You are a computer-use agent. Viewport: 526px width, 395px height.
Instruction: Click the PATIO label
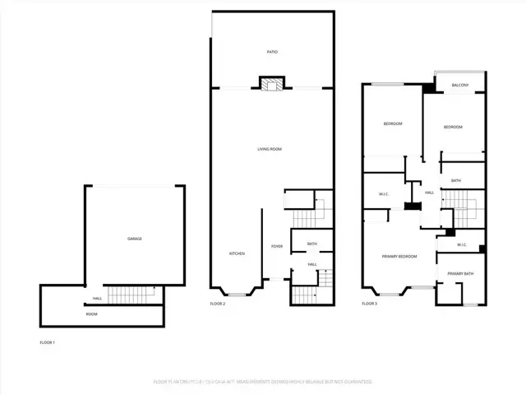click(272, 52)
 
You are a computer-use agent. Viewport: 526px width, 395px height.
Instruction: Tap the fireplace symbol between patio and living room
click(271, 84)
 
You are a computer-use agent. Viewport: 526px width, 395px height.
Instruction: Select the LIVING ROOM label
click(270, 149)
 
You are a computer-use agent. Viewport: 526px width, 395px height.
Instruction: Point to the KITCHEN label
click(237, 253)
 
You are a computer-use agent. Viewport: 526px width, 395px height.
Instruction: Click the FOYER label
click(277, 246)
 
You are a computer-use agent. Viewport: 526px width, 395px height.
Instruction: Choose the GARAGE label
click(134, 239)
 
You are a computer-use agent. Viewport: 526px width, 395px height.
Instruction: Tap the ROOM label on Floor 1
click(91, 314)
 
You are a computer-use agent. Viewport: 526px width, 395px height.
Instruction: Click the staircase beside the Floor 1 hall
click(131, 293)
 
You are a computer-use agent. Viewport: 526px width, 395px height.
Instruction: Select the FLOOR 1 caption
click(48, 342)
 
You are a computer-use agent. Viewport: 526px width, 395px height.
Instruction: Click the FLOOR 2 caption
click(218, 304)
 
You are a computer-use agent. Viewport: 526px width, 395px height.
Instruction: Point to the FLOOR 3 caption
click(370, 304)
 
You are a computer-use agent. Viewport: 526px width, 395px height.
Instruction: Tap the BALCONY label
click(459, 85)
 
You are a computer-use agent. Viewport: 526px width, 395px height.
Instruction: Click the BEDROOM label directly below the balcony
click(453, 127)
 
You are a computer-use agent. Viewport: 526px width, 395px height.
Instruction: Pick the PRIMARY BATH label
click(460, 274)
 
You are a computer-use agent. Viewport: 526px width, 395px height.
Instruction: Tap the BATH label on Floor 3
click(455, 180)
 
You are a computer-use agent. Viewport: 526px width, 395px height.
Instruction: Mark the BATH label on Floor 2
click(312, 244)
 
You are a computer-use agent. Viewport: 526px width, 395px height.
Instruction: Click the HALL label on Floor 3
click(429, 193)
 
